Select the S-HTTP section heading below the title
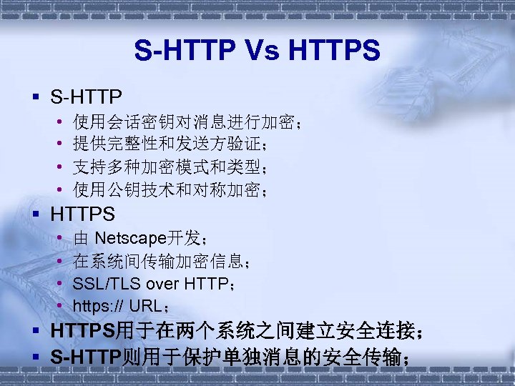pos(87,96)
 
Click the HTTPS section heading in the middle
pos(83,213)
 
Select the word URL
pos(146,307)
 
